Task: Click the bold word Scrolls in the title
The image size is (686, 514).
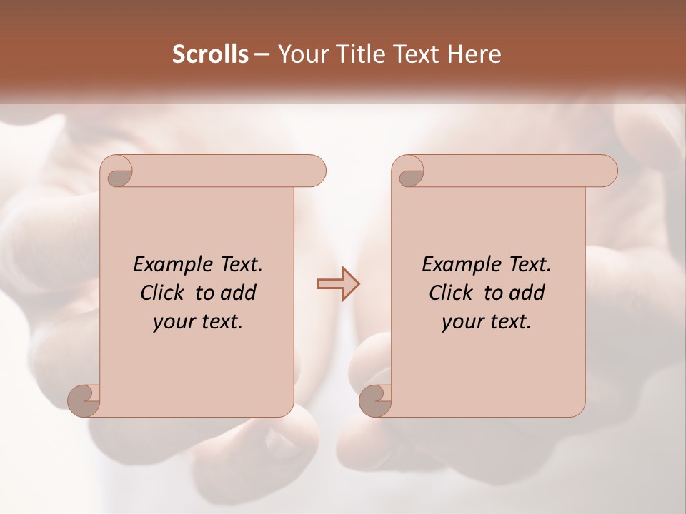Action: point(211,54)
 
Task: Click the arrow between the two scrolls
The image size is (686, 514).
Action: point(338,284)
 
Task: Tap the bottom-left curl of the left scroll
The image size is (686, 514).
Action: point(84,400)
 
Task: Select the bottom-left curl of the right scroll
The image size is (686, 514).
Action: point(376,400)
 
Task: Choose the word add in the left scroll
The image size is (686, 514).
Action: point(238,293)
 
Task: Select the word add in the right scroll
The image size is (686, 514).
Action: point(527,293)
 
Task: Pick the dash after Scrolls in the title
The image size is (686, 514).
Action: point(262,55)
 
